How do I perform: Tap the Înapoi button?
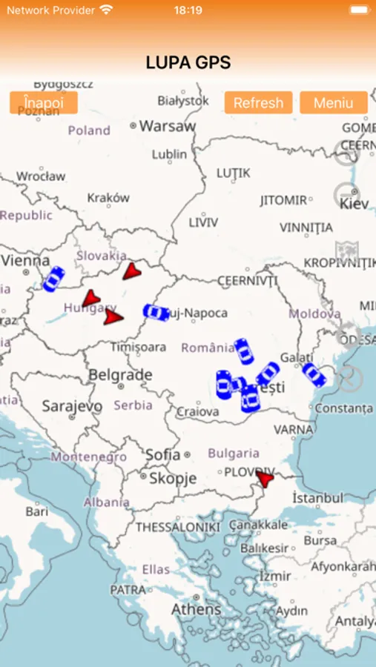click(44, 102)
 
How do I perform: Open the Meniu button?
click(333, 102)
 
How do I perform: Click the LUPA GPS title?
click(188, 63)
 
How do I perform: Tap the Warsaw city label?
click(168, 126)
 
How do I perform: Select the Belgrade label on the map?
click(120, 375)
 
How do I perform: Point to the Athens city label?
click(196, 609)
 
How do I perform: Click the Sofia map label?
click(163, 454)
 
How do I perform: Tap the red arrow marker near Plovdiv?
click(264, 479)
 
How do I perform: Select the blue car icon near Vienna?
click(53, 279)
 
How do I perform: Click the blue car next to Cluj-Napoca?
click(156, 313)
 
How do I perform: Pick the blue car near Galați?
click(314, 375)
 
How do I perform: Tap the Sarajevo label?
click(72, 406)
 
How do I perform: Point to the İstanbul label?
click(317, 497)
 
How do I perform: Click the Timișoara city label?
click(138, 347)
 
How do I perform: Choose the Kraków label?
click(108, 198)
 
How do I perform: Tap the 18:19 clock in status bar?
click(188, 10)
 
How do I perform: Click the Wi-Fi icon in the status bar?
click(106, 10)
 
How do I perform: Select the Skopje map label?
click(172, 478)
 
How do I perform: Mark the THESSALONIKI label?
click(178, 527)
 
